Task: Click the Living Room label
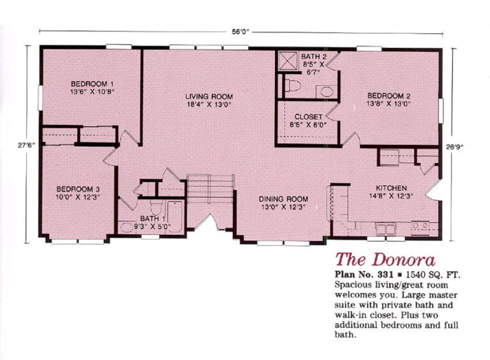[x=209, y=96]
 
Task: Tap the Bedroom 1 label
[x=92, y=84]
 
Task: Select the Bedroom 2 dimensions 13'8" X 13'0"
[x=389, y=104]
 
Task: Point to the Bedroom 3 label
[x=78, y=189]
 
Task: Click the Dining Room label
[x=283, y=199]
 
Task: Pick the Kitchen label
[x=391, y=188]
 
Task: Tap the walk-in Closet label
[x=308, y=117]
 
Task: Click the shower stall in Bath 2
[x=288, y=61]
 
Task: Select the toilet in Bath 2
[x=292, y=86]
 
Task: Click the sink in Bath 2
[x=327, y=92]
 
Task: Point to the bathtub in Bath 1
[x=175, y=216]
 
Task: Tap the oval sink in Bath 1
[x=127, y=227]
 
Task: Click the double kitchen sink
[x=385, y=229]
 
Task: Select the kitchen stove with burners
[x=420, y=228]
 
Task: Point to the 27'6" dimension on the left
[x=26, y=146]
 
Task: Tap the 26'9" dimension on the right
[x=454, y=147]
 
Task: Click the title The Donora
[x=385, y=260]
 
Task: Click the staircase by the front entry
[x=210, y=189]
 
